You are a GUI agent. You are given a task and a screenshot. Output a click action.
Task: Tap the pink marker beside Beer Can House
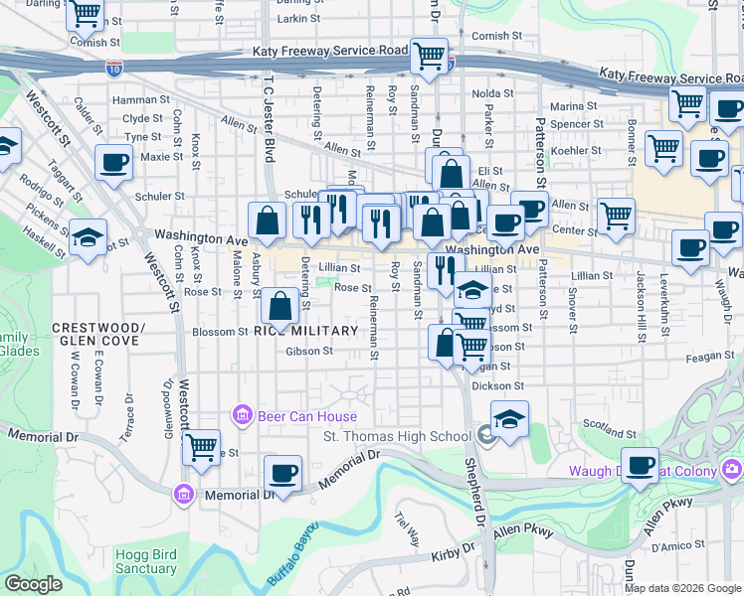pyautogui.click(x=240, y=414)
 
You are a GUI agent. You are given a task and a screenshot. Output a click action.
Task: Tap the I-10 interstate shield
pyautogui.click(x=114, y=69)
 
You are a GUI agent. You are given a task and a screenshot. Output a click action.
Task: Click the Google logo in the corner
pyautogui.click(x=32, y=584)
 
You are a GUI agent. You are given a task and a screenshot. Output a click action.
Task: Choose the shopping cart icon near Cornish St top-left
pyautogui.click(x=86, y=15)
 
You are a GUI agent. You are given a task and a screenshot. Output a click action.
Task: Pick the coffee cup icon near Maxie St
pyautogui.click(x=114, y=161)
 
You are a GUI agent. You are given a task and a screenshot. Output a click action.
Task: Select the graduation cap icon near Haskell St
pyautogui.click(x=88, y=237)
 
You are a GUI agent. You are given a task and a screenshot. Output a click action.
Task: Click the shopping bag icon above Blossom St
pyautogui.click(x=281, y=307)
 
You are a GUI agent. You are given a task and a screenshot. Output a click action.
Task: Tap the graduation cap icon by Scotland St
pyautogui.click(x=509, y=418)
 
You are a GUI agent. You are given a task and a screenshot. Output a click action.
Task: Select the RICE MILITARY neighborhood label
pyautogui.click(x=305, y=330)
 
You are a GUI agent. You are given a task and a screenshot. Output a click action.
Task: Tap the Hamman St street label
pyautogui.click(x=141, y=100)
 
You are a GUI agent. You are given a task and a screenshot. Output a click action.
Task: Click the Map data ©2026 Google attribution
pyautogui.click(x=682, y=587)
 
